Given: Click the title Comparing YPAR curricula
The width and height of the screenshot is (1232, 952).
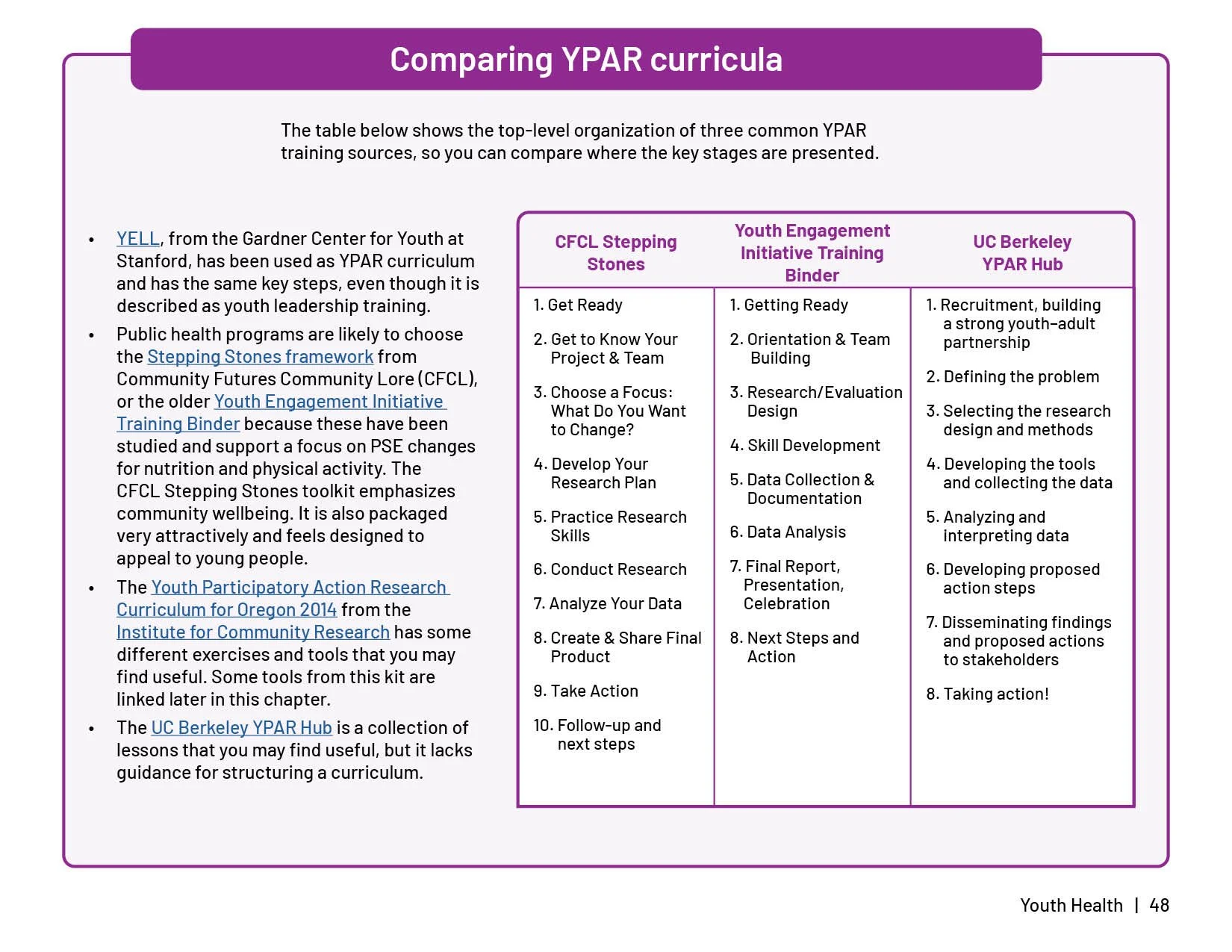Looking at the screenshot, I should [585, 60].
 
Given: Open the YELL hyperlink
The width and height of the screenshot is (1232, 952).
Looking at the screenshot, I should [138, 239].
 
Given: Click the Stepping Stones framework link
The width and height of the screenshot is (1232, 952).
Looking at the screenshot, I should [260, 357].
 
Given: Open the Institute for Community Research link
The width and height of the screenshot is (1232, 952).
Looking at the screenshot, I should [252, 632].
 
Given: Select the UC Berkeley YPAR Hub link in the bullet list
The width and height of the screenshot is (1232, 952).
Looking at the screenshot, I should [241, 728].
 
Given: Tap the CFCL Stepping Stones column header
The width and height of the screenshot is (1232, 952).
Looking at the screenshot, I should [615, 253].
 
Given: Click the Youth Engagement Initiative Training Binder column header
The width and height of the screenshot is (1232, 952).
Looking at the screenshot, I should [812, 253].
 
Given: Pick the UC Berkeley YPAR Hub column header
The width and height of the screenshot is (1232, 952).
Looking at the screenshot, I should [1021, 253].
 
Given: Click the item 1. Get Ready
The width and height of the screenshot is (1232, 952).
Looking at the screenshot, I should [577, 305].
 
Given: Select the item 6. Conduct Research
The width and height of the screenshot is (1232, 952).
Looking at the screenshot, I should [609, 570].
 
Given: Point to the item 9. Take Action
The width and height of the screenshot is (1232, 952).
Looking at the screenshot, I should [585, 691].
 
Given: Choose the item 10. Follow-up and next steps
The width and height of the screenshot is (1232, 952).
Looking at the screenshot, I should [597, 735].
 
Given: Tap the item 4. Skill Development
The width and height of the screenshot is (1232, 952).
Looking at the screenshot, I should [804, 446].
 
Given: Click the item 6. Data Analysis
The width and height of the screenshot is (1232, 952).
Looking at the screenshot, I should [787, 532].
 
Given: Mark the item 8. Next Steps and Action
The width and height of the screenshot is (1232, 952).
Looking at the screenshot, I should [794, 647].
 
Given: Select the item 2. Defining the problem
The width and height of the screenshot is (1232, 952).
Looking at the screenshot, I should [1012, 377].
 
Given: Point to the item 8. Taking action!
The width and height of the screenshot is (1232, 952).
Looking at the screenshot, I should [986, 694].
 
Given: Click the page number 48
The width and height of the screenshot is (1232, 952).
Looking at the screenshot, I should [1159, 906].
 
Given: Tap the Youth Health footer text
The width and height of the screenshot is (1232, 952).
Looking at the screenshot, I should [1071, 906].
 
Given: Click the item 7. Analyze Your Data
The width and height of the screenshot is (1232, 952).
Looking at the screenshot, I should [607, 604].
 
